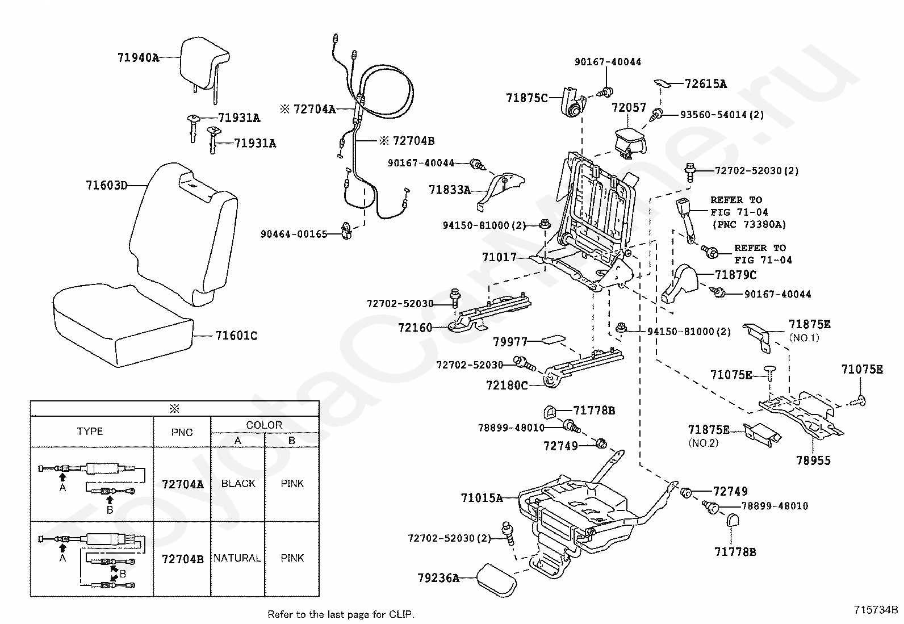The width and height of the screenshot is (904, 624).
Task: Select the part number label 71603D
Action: [107, 185]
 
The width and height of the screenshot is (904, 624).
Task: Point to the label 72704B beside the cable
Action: [413, 141]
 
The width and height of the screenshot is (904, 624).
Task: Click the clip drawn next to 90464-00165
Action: [346, 231]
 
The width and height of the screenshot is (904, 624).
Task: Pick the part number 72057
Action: [629, 107]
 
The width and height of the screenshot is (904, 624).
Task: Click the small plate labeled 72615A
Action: [662, 83]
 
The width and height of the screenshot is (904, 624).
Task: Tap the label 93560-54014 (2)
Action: [722, 115]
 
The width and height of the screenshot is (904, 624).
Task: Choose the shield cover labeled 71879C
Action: [680, 284]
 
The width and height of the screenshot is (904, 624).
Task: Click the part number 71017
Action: [499, 257]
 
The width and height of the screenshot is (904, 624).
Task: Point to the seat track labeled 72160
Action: [488, 313]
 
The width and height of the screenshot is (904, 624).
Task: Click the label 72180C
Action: [507, 386]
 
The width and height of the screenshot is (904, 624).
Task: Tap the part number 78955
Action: [813, 460]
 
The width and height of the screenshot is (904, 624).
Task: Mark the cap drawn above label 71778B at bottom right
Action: [733, 520]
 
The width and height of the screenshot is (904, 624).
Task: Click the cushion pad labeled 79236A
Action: [496, 580]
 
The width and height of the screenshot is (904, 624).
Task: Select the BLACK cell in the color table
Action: [238, 484]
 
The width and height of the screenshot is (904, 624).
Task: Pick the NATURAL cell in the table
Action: [237, 558]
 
